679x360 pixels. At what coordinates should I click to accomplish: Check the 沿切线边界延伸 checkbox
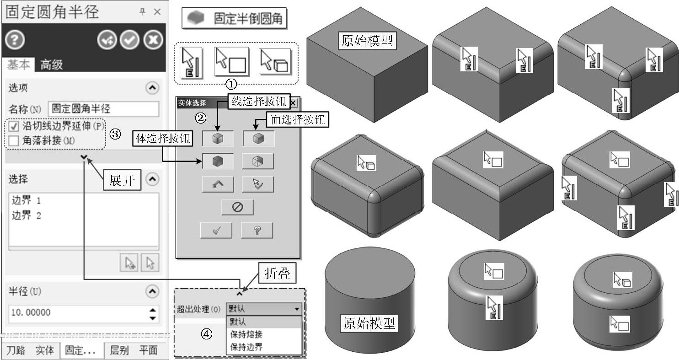pyautogui.click(x=14, y=126)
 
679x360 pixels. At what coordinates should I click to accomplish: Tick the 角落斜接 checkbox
pyautogui.click(x=14, y=141)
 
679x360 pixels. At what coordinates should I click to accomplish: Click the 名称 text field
pyautogui.click(x=103, y=109)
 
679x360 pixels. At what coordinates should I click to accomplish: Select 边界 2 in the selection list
pyautogui.click(x=26, y=215)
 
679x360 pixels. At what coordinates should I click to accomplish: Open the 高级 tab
pyautogui.click(x=51, y=65)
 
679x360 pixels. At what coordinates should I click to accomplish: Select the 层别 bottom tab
pyautogui.click(x=120, y=351)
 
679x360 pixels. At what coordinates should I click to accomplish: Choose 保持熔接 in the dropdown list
pyautogui.click(x=246, y=334)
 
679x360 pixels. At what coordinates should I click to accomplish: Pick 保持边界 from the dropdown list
pyautogui.click(x=246, y=347)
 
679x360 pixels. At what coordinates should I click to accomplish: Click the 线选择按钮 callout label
pyautogui.click(x=259, y=102)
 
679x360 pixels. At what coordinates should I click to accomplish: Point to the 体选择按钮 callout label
pyautogui.click(x=162, y=138)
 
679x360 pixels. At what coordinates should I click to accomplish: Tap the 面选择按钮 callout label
pyautogui.click(x=298, y=120)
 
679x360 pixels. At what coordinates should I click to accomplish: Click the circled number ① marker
pyautogui.click(x=232, y=84)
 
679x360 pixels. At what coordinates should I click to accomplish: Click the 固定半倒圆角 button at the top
pyautogui.click(x=235, y=19)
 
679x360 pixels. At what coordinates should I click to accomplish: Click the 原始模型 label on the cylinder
pyautogui.click(x=369, y=323)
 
